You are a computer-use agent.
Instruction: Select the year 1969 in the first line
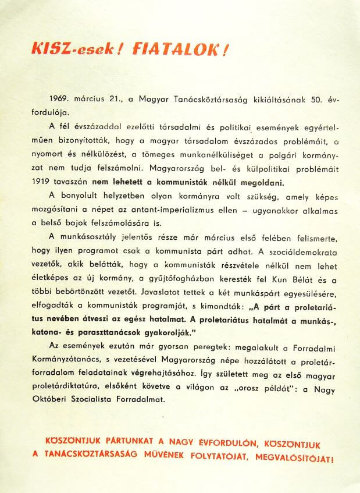pos(59,100)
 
